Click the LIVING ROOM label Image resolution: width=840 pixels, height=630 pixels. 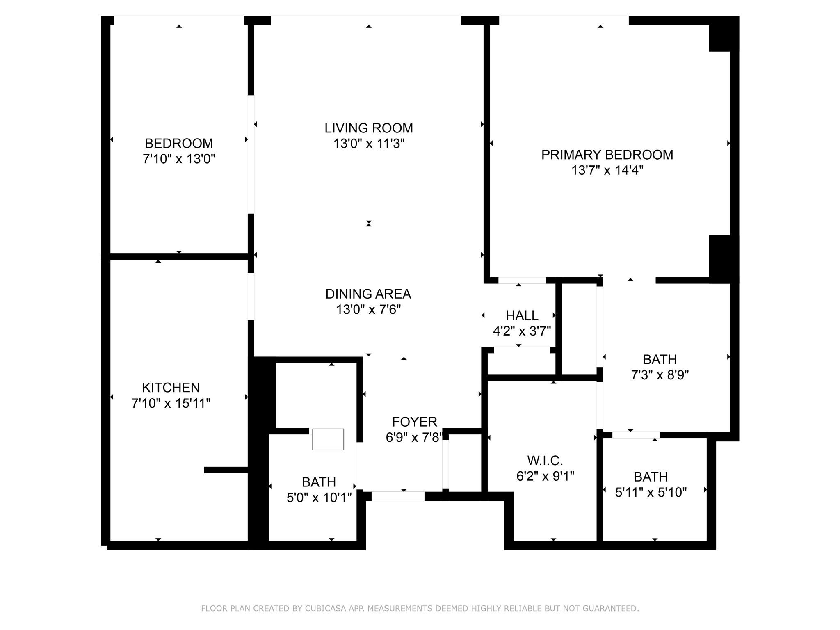click(369, 128)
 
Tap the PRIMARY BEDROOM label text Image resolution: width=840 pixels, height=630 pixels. click(607, 155)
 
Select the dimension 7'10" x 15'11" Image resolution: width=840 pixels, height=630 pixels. click(171, 404)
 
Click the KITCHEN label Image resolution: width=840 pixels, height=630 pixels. click(171, 388)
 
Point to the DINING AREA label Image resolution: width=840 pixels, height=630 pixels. click(368, 294)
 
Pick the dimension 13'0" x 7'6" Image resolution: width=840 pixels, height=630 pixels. click(368, 310)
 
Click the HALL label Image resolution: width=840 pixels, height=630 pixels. click(522, 315)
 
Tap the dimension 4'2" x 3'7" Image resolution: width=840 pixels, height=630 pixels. click(522, 331)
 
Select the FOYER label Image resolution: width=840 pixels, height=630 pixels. click(414, 422)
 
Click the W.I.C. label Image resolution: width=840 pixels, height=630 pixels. click(545, 461)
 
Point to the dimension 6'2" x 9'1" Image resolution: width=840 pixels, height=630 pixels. click(545, 476)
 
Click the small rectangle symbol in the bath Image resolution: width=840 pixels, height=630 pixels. click(328, 439)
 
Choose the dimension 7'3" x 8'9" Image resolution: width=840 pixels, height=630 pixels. click(660, 375)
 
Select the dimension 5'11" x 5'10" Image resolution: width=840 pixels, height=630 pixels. click(651, 493)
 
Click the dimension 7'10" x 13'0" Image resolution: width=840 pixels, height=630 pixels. click(179, 159)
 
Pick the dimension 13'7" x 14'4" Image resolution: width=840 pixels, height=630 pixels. click(607, 170)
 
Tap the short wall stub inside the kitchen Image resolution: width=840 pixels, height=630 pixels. click(226, 470)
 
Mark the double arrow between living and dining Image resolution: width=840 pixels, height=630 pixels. click(369, 224)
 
